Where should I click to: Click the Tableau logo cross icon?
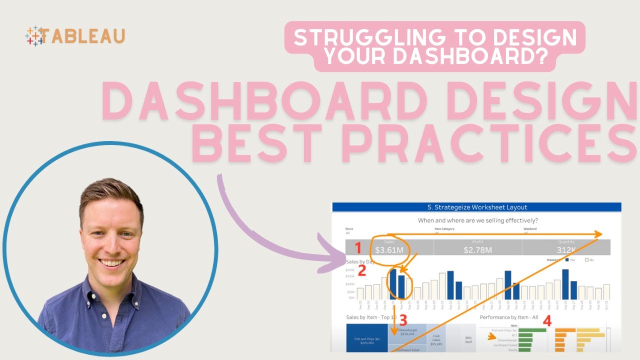click(34, 36)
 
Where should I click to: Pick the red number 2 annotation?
click(362, 270)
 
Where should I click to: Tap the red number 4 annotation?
click(547, 321)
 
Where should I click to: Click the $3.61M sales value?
click(389, 249)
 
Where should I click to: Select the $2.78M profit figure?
click(477, 249)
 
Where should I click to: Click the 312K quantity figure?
click(566, 249)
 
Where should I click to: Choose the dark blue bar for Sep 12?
click(450, 285)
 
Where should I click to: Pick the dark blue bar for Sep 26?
click(565, 284)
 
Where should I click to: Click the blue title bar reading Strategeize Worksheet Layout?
click(476, 207)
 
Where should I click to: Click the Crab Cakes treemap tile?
click(436, 340)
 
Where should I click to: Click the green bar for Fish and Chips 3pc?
click(532, 330)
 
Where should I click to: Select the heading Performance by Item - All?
click(509, 317)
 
